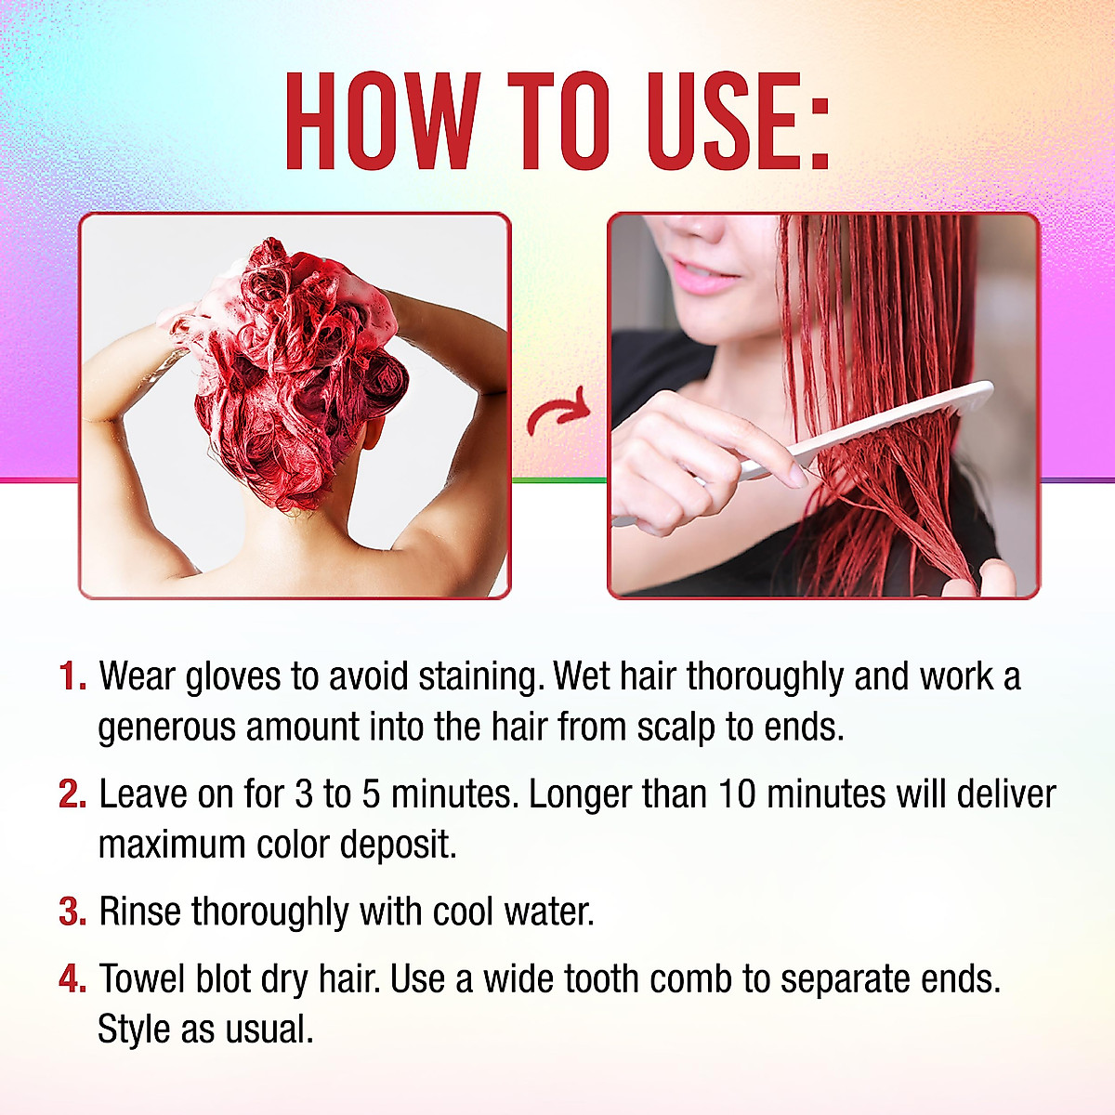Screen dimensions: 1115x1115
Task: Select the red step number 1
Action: coord(72,676)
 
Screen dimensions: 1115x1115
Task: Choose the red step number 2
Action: coord(72,794)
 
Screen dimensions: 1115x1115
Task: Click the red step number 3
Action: coord(72,912)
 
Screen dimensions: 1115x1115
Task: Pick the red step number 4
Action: coord(72,979)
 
